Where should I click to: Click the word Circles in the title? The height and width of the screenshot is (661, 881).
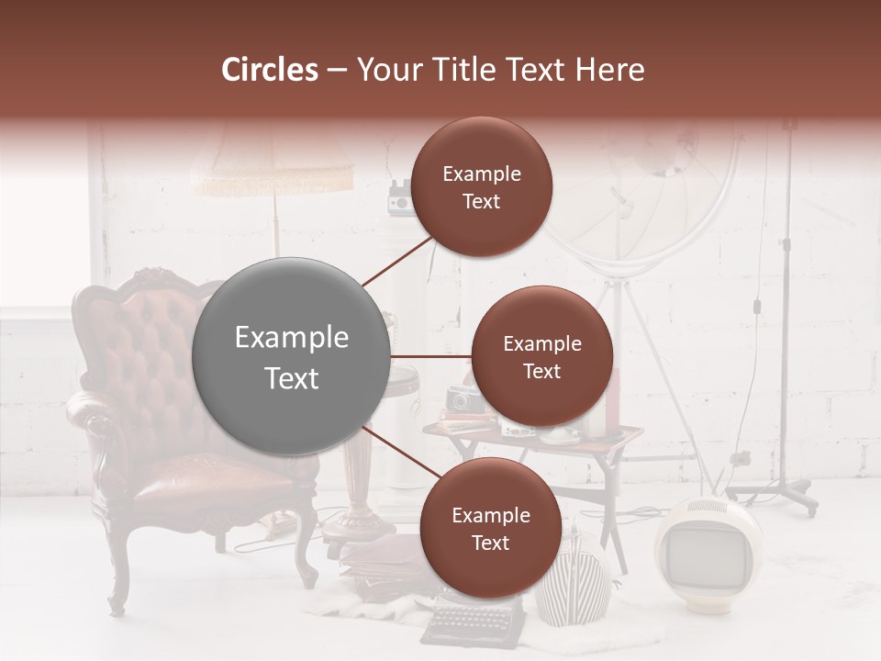pyautogui.click(x=270, y=70)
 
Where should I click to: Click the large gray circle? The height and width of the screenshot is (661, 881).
pyautogui.click(x=292, y=356)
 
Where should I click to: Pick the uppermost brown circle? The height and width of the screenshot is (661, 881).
pyautogui.click(x=481, y=186)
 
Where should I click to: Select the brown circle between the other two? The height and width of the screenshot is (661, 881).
pyautogui.click(x=541, y=356)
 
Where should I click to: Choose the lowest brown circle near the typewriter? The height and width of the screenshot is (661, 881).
pyautogui.click(x=490, y=528)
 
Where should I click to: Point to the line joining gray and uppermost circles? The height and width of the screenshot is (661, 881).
pyautogui.click(x=397, y=259)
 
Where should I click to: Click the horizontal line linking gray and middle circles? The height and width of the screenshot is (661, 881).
pyautogui.click(x=431, y=356)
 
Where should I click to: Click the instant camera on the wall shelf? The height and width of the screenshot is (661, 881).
pyautogui.click(x=400, y=196)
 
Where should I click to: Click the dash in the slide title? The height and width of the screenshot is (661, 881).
pyautogui.click(x=337, y=71)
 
